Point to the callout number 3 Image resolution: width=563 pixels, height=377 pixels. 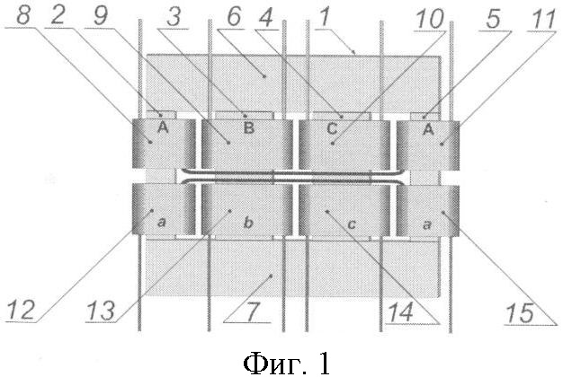(x=174, y=16)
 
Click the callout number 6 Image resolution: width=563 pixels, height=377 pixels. (x=234, y=16)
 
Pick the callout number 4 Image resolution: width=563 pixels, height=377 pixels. (x=265, y=17)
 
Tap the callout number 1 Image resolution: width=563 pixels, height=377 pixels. (x=325, y=16)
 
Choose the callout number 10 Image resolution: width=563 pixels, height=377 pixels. (x=429, y=18)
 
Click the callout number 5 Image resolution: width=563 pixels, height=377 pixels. (x=493, y=19)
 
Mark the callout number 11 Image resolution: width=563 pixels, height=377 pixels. (x=543, y=20)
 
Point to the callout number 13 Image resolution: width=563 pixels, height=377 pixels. (x=102, y=311)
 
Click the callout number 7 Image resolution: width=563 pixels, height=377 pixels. (x=252, y=311)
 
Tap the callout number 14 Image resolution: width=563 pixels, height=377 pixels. (x=401, y=312)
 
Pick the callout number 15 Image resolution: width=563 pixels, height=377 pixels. (x=520, y=313)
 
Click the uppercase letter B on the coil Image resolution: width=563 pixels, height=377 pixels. (x=249, y=128)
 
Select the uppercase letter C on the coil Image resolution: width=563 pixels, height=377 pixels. (x=333, y=128)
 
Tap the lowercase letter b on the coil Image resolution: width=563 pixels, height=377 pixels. (x=248, y=223)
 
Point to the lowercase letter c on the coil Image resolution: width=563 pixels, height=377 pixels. (x=352, y=224)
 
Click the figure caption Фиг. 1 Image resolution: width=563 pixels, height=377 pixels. (x=287, y=363)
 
